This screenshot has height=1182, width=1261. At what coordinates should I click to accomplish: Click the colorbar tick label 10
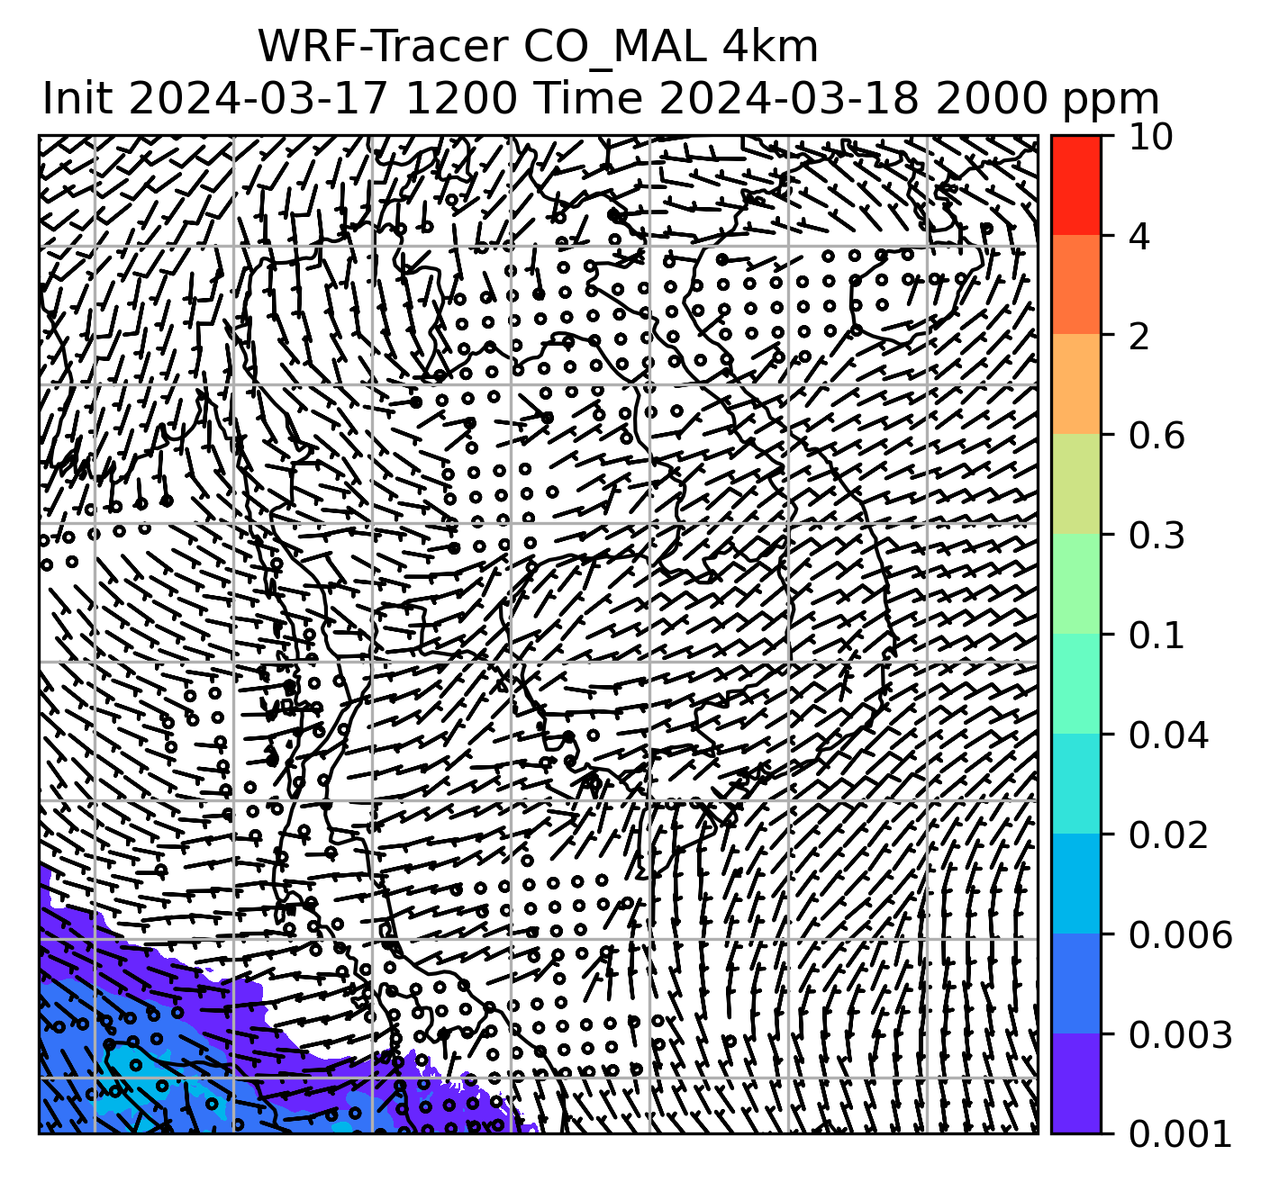point(1148,137)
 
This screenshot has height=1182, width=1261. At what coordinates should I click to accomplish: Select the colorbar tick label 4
point(1139,237)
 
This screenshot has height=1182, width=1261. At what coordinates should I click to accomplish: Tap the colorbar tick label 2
point(1139,337)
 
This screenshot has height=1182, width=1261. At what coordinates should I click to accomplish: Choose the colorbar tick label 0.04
point(1168,735)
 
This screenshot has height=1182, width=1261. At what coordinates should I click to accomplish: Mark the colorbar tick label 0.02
point(1168,835)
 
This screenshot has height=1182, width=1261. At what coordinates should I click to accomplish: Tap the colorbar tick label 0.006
point(1179,935)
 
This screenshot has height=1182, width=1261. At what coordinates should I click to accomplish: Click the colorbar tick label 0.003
point(1179,1035)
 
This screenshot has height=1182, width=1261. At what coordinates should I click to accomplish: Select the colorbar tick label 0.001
point(1179,1134)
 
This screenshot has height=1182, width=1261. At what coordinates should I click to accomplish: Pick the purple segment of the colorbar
point(1075,1084)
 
